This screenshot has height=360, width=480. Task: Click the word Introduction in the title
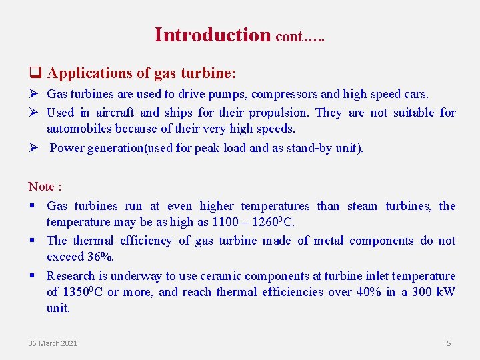[212, 35]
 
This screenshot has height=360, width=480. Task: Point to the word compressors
[268, 95]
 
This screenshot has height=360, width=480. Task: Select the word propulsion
[282, 113]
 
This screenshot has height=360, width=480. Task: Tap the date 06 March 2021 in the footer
[53, 343]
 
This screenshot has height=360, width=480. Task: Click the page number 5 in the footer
[449, 343]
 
